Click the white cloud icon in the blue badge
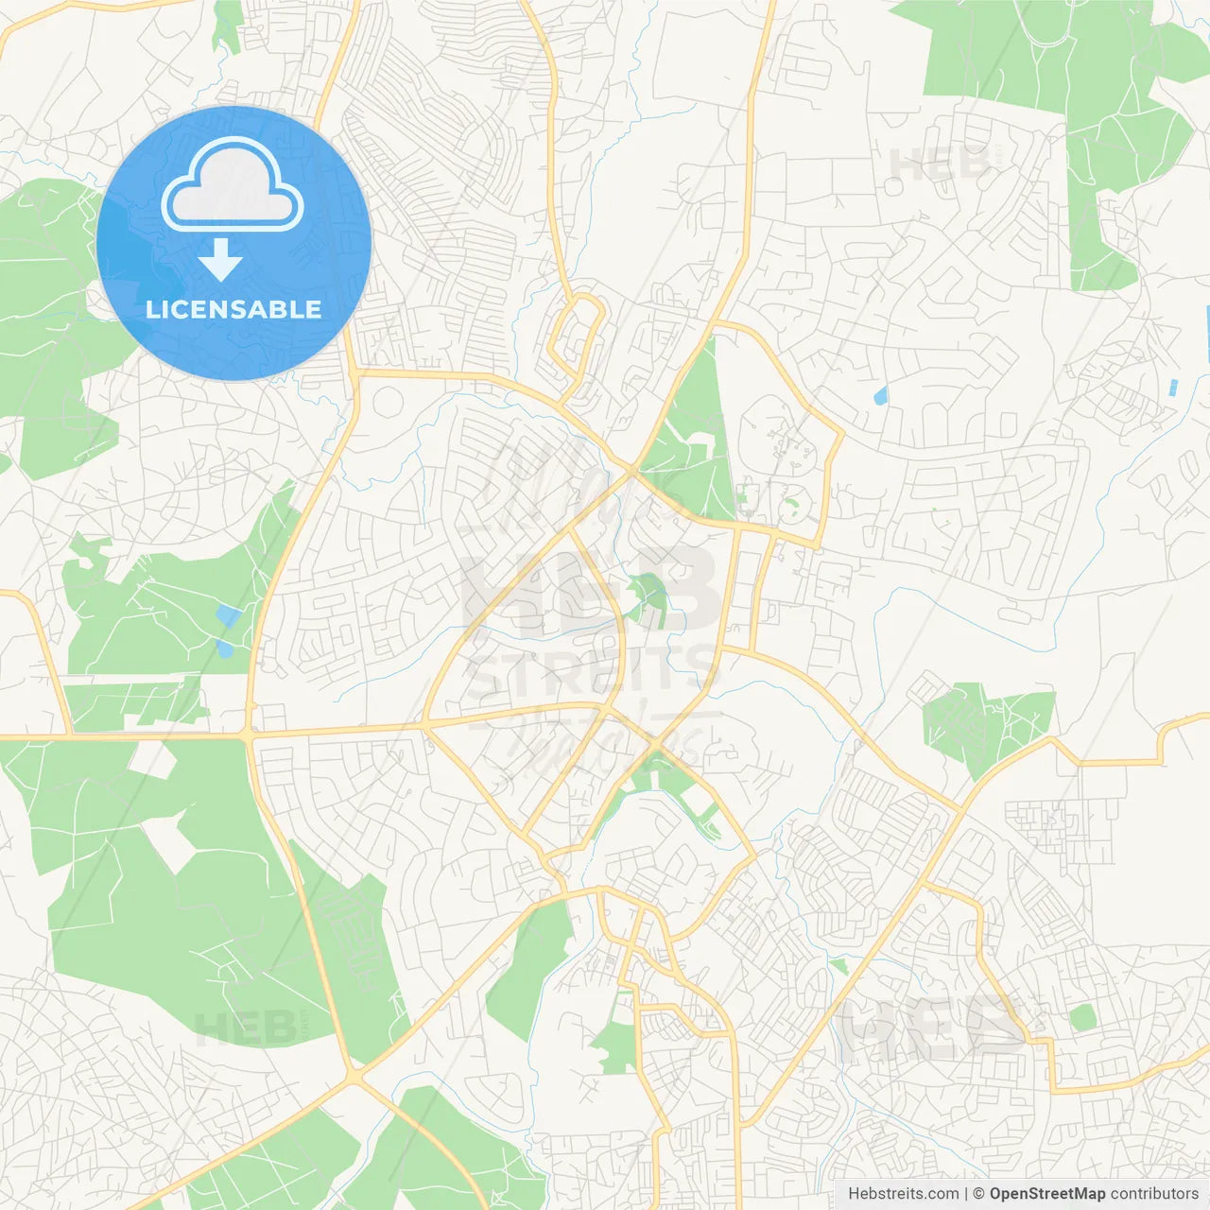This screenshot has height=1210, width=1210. (233, 183)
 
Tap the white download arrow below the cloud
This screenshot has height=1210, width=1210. (221, 260)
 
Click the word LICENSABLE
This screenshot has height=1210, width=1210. (233, 309)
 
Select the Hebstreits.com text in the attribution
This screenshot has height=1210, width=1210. (904, 1194)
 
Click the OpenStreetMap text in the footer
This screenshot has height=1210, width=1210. (1046, 1194)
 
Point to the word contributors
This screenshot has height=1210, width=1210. (1154, 1194)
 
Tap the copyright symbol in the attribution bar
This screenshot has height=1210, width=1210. (978, 1194)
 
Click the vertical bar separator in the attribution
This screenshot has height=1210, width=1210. (966, 1194)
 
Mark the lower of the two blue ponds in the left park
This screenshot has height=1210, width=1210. (225, 648)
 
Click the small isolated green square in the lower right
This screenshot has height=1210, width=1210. (1082, 1017)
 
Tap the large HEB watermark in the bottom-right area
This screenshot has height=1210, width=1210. (931, 1028)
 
